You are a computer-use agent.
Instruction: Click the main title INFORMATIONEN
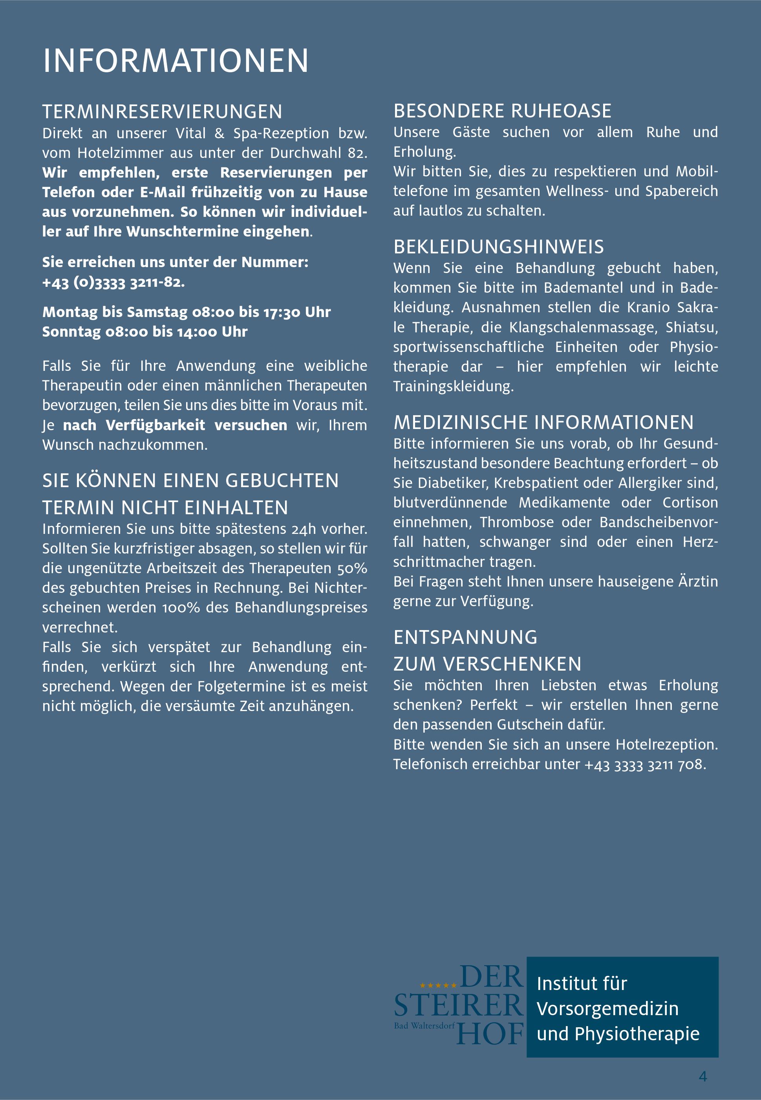pyautogui.click(x=176, y=61)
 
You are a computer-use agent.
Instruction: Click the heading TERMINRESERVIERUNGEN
pyautogui.click(x=162, y=112)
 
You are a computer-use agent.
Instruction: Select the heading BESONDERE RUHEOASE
pyautogui.click(x=502, y=111)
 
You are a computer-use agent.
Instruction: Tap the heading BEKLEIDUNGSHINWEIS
pyautogui.click(x=498, y=247)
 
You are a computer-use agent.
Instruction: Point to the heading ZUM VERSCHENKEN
pyautogui.click(x=487, y=664)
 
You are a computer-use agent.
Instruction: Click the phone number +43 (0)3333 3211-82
pyautogui.click(x=113, y=282)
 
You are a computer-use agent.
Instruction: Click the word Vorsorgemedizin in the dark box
pyautogui.click(x=607, y=1009)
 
